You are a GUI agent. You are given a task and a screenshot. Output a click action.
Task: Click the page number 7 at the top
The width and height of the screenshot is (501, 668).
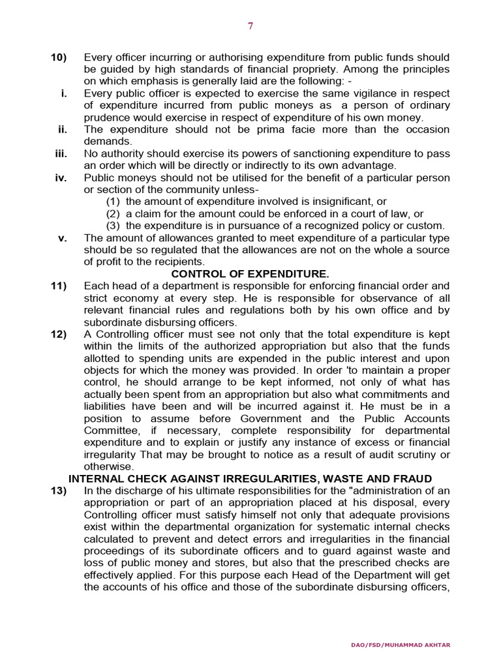[x=250, y=26]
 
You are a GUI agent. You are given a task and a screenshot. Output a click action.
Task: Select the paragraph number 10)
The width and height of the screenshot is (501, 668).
[x=59, y=58]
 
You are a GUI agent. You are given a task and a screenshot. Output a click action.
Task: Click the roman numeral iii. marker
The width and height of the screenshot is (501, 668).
[x=61, y=153]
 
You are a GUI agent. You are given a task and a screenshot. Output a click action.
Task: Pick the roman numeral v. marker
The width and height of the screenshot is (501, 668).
[x=63, y=237]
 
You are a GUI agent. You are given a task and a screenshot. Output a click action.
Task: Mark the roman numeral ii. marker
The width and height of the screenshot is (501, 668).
[x=63, y=129]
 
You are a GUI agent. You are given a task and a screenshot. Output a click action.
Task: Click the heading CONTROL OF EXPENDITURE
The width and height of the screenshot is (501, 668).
[x=250, y=274]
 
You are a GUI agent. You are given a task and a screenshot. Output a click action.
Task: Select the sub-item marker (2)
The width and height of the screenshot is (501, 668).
[x=114, y=213]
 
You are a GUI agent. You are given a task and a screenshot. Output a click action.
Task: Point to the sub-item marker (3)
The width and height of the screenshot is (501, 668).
[x=114, y=226]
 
